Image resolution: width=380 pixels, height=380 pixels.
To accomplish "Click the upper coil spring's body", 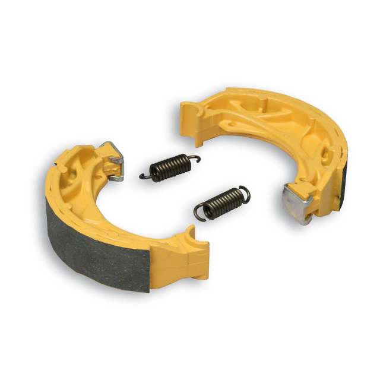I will (169, 166).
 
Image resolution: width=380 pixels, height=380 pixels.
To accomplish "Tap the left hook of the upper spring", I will (145, 176).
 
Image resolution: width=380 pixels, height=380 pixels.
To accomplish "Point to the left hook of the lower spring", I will (201, 214).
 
